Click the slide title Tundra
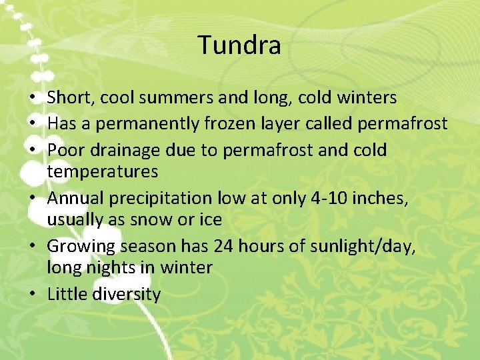click(x=239, y=45)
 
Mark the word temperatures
click(x=103, y=172)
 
